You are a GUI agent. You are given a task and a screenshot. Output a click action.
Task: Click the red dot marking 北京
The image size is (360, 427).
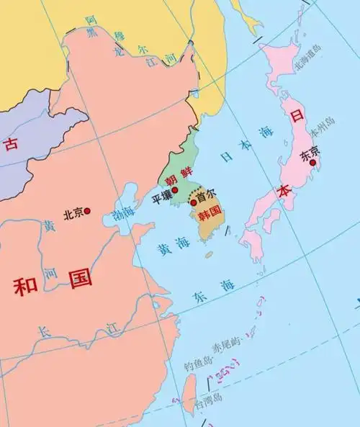click(x=88, y=211)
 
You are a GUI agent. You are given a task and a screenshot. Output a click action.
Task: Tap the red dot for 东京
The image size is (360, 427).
click(x=312, y=163)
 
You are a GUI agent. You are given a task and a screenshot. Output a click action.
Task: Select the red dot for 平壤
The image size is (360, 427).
click(x=174, y=189)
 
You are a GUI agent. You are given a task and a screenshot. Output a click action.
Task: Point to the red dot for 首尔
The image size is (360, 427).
click(x=193, y=203)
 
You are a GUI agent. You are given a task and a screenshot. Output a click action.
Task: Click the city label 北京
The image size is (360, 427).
click(x=73, y=212)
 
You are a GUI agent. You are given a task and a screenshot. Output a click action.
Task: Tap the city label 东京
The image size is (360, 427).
click(x=310, y=152)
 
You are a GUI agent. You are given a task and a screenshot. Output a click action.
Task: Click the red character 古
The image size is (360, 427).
click(x=11, y=144)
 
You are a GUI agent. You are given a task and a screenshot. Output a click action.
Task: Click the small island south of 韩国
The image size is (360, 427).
click(x=209, y=254)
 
